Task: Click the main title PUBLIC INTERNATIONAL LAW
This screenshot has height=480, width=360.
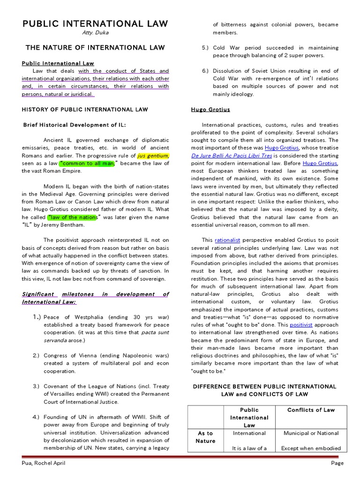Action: (x=95, y=24)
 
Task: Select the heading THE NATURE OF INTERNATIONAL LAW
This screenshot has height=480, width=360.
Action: (x=95, y=47)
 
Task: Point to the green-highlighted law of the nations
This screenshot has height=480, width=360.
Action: (x=72, y=217)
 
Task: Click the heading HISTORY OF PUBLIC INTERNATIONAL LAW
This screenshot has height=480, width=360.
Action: (x=85, y=109)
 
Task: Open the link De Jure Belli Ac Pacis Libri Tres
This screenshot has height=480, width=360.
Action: (x=232, y=155)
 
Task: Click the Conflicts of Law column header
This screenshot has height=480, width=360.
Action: (x=311, y=410)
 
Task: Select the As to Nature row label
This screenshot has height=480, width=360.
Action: (x=205, y=437)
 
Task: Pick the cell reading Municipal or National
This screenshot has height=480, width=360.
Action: (x=311, y=433)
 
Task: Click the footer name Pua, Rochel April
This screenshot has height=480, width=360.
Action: (x=43, y=463)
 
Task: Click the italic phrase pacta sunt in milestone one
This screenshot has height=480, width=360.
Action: (x=155, y=332)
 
